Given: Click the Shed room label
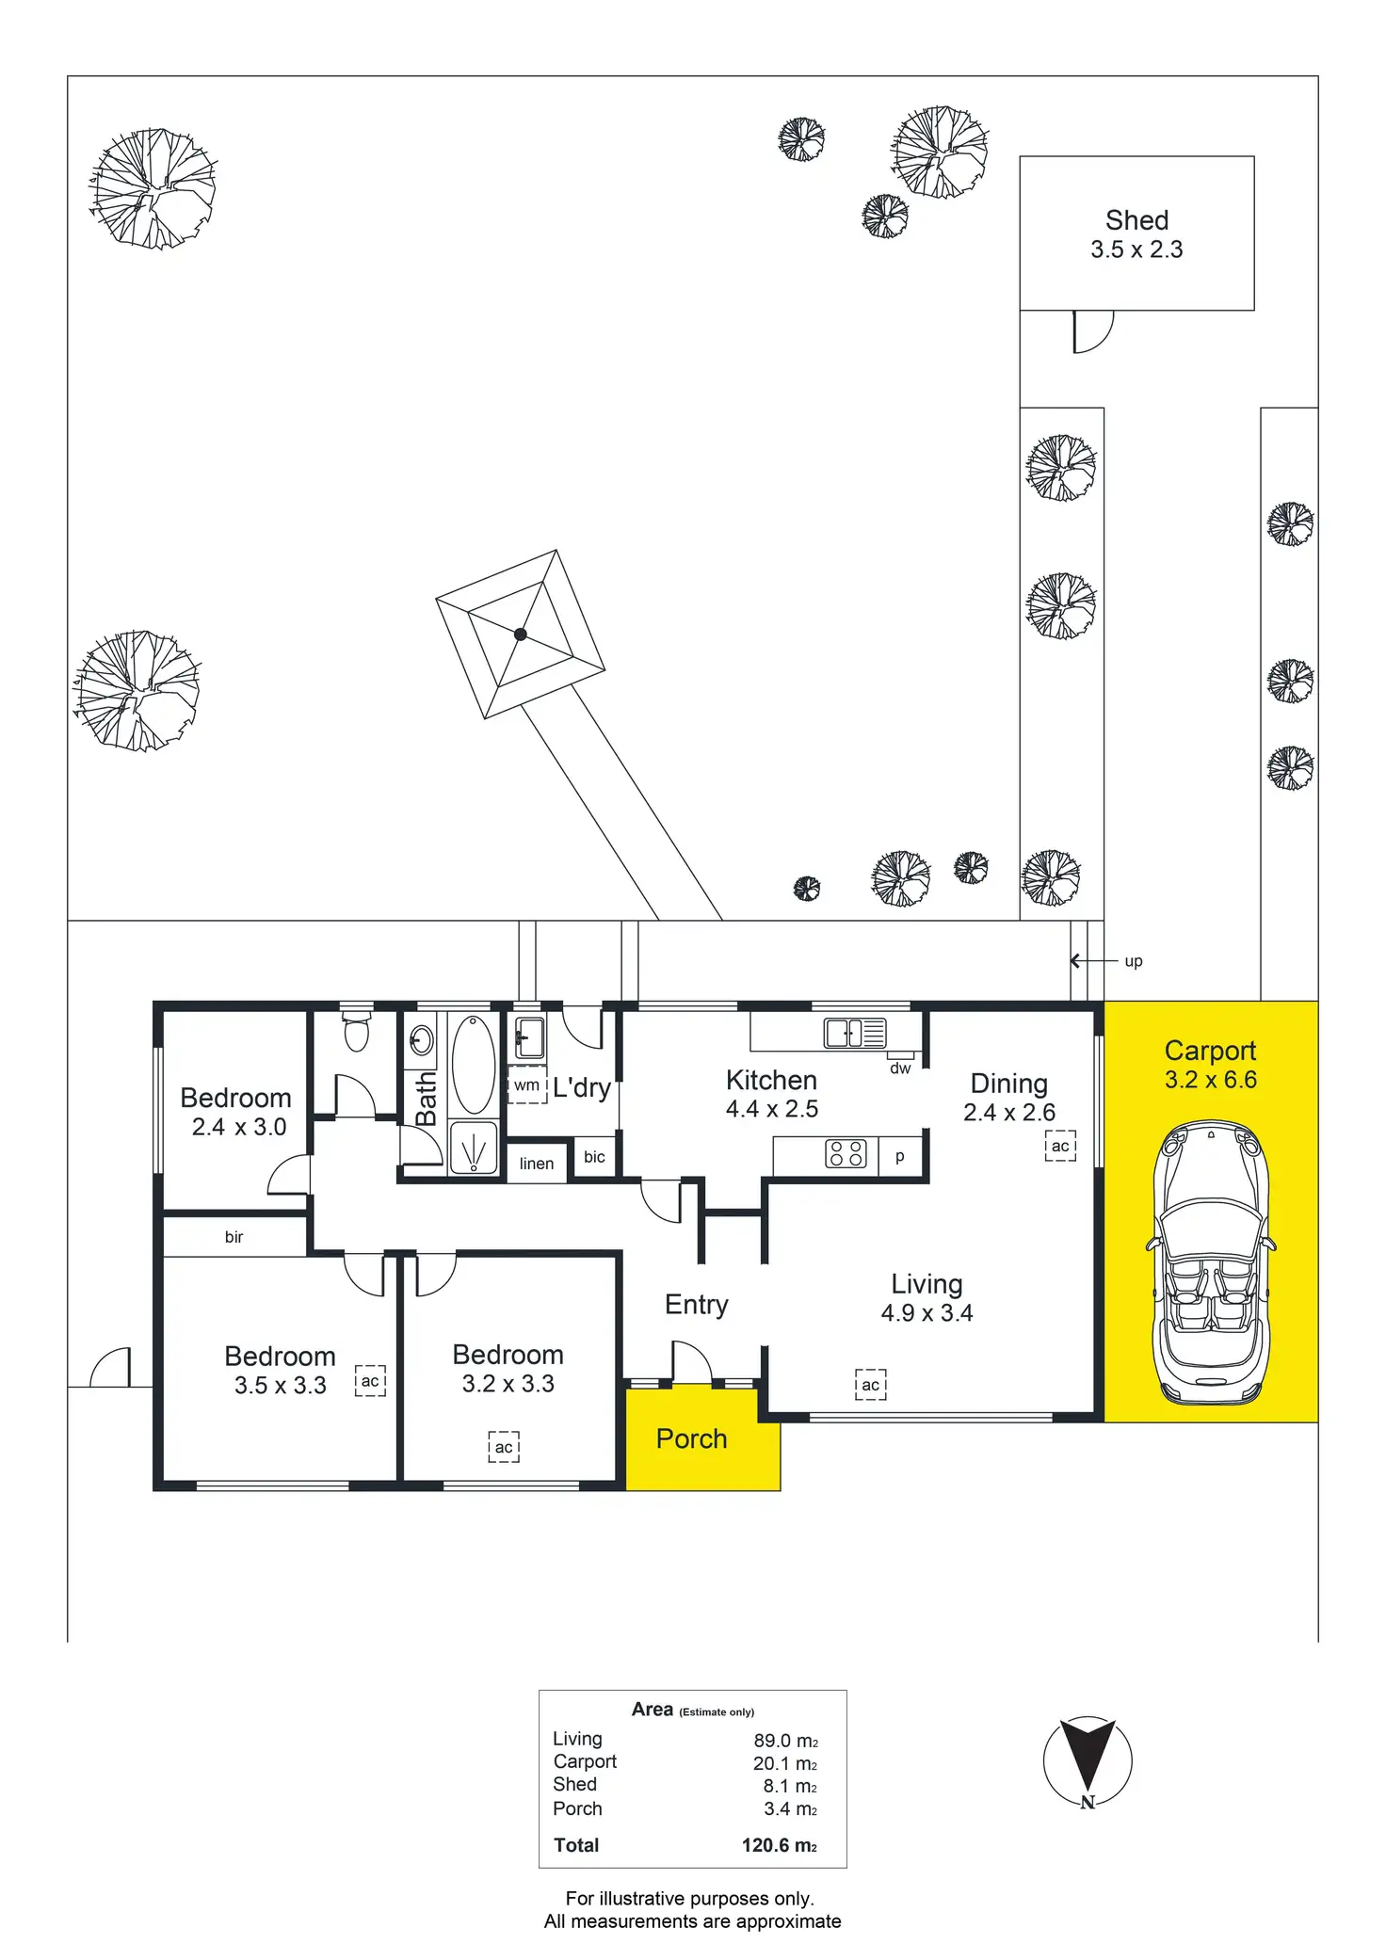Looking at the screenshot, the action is [x=1136, y=220].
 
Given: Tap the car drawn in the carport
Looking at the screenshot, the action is [x=1210, y=1261].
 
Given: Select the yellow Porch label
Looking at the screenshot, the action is [x=691, y=1438].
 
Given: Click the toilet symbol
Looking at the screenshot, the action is [x=356, y=1031].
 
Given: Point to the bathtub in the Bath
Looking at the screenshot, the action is [x=473, y=1064].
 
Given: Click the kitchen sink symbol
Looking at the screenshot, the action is [x=855, y=1033].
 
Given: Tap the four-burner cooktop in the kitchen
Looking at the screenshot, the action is [x=845, y=1153].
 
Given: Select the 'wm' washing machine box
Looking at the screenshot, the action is [x=527, y=1085].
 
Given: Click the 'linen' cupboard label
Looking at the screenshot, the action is [x=537, y=1164].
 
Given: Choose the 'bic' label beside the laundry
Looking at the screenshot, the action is [x=594, y=1157].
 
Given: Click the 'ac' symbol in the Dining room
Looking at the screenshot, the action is [x=1060, y=1146].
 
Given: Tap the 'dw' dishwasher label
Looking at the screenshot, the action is [x=900, y=1068].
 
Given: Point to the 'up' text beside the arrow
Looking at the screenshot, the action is [x=1134, y=961].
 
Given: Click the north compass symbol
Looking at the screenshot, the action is [x=1088, y=1761].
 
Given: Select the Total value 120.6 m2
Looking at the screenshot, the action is [x=779, y=1845].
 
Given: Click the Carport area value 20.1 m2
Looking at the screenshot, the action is [x=784, y=1763].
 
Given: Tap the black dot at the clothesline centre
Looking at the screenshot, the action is [x=521, y=635].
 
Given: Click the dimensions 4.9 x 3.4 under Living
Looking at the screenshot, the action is [x=927, y=1313].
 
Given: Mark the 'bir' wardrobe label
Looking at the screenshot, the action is [x=234, y=1237].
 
